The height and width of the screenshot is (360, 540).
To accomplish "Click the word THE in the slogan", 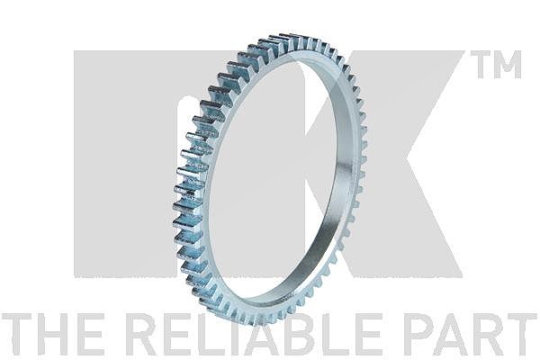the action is click(52, 335).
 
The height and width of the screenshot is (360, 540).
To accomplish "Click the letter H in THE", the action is click(53, 335).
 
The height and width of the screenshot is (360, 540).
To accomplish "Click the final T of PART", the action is click(519, 335).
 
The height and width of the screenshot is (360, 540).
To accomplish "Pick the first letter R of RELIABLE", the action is click(144, 335).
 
